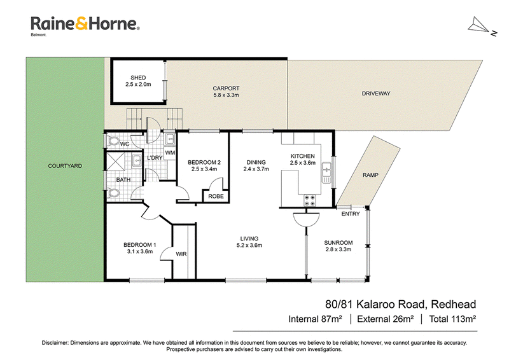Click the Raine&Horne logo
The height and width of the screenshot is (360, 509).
pos(85,25)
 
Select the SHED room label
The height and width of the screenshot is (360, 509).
pos(138,78)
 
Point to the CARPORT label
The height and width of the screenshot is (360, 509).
pos(226,88)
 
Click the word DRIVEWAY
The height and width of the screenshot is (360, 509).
pos(376,93)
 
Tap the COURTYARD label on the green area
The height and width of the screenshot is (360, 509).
pos(65,166)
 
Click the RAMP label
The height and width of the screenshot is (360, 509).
pos(370,175)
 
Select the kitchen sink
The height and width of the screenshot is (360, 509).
pos(326,172)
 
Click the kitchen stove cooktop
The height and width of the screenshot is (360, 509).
pos(309,200)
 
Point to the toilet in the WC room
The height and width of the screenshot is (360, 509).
pos(113,142)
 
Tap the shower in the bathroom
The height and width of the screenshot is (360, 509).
pos(115,162)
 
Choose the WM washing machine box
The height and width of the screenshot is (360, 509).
pos(170,153)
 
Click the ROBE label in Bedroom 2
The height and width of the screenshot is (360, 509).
pos(216,197)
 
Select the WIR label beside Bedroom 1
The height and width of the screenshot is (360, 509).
pos(181,254)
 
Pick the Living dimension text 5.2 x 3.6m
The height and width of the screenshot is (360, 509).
pos(249,246)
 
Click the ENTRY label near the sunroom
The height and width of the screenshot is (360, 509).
pos(351,214)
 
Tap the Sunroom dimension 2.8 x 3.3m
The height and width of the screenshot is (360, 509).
pos(338,249)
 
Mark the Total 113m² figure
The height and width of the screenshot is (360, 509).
pos(452,319)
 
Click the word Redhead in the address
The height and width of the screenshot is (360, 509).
pos(453,305)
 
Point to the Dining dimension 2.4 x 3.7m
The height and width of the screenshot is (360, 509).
pos(256,169)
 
